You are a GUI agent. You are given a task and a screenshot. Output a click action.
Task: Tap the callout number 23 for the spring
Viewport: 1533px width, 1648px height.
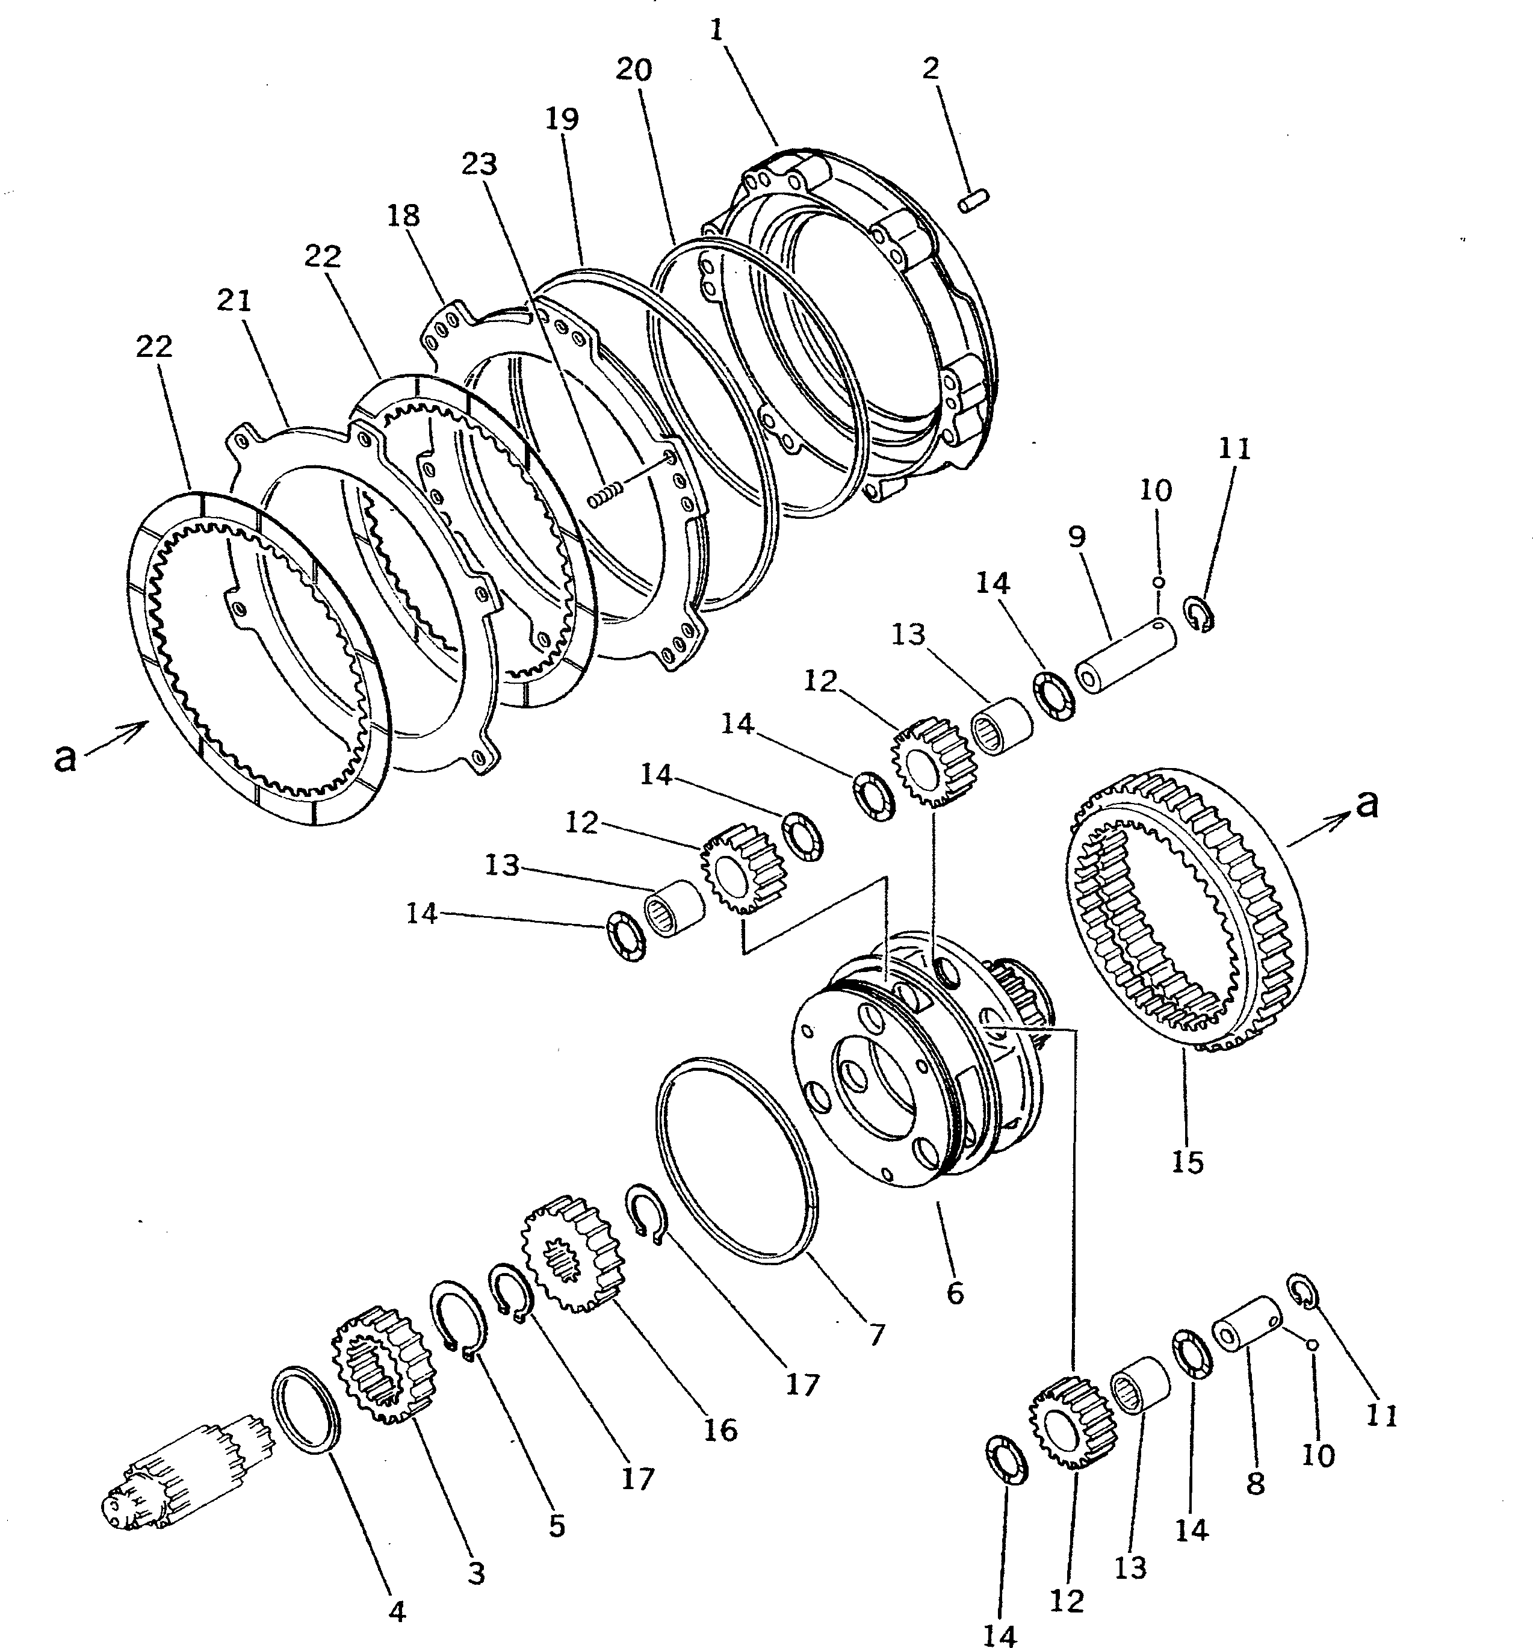click(479, 164)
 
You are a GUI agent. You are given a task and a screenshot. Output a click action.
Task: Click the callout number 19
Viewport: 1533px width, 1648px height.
click(562, 119)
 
